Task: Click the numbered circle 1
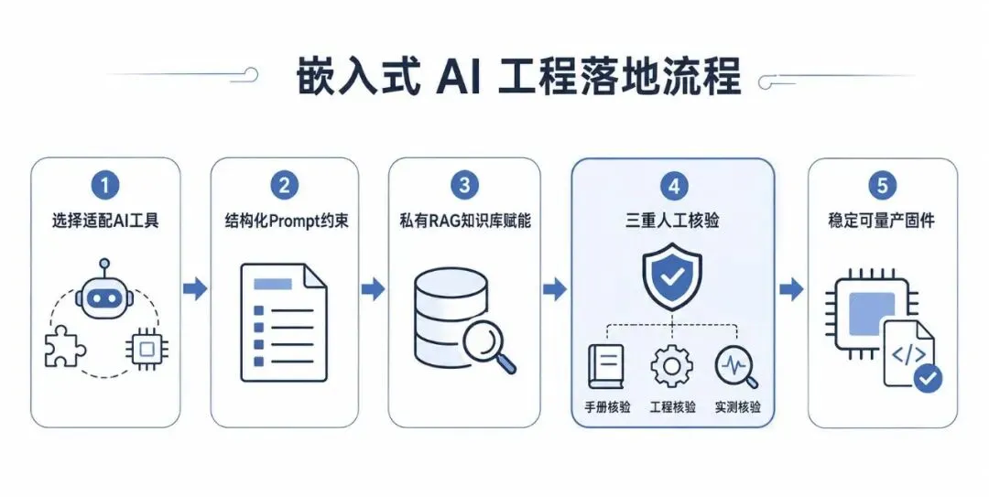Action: [x=104, y=186]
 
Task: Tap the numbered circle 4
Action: [x=673, y=186]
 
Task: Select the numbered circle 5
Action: [x=882, y=186]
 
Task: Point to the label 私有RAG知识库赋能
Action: [x=465, y=221]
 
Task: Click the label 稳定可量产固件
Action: [x=881, y=221]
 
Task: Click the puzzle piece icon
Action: [x=65, y=346]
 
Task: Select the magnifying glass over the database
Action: [x=489, y=346]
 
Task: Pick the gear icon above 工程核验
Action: [x=672, y=366]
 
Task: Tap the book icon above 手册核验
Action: [x=605, y=366]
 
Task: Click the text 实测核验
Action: [x=737, y=406]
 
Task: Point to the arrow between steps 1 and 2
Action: [x=195, y=289]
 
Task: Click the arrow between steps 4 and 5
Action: [x=791, y=289]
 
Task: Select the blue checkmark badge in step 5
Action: [x=928, y=378]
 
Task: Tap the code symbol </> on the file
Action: [x=908, y=354]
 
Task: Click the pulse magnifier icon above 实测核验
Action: [x=736, y=366]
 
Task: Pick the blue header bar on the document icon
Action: [x=273, y=284]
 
